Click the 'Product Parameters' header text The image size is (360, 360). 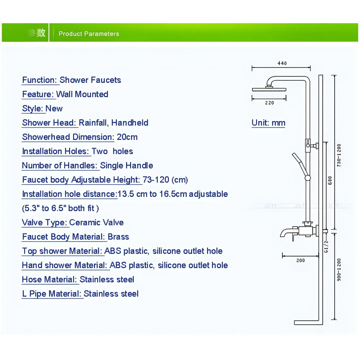(89, 34)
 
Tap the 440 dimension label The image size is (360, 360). (282, 63)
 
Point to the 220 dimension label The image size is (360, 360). (270, 103)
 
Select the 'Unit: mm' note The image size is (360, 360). (269, 123)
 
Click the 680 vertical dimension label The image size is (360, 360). (330, 180)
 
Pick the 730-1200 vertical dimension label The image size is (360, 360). (339, 155)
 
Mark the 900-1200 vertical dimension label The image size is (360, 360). (339, 270)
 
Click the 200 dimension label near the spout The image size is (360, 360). (301, 260)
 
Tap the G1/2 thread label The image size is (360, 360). (326, 247)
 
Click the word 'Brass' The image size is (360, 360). (118, 237)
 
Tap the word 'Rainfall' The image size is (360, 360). (93, 123)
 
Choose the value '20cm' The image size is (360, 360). (127, 137)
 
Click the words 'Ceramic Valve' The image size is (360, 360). (96, 222)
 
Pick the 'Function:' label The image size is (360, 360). (40, 80)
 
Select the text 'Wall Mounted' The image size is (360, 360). (82, 94)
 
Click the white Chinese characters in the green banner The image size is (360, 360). (37, 33)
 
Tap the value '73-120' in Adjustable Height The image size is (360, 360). (156, 180)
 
